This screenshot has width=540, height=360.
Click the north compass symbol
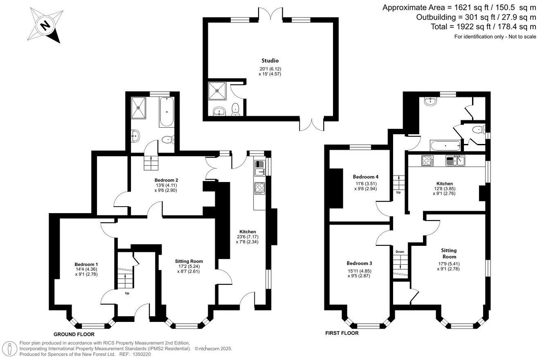pyautogui.click(x=46, y=25)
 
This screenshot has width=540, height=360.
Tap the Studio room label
pyautogui.click(x=270, y=61)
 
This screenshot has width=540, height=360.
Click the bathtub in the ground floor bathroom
pyautogui.click(x=166, y=112)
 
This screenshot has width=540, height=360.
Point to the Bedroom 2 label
pyautogui.click(x=166, y=180)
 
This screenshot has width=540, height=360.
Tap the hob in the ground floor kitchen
pyautogui.click(x=259, y=188)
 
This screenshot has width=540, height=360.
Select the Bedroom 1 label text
pyautogui.click(x=86, y=264)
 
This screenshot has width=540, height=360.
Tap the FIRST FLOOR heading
pyautogui.click(x=342, y=333)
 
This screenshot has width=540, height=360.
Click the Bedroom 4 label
pyautogui.click(x=365, y=177)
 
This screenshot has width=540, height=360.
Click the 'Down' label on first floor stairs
pyautogui.click(x=400, y=252)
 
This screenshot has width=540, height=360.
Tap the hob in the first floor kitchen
pyautogui.click(x=427, y=161)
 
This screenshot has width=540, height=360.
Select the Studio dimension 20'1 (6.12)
pyautogui.click(x=270, y=69)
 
